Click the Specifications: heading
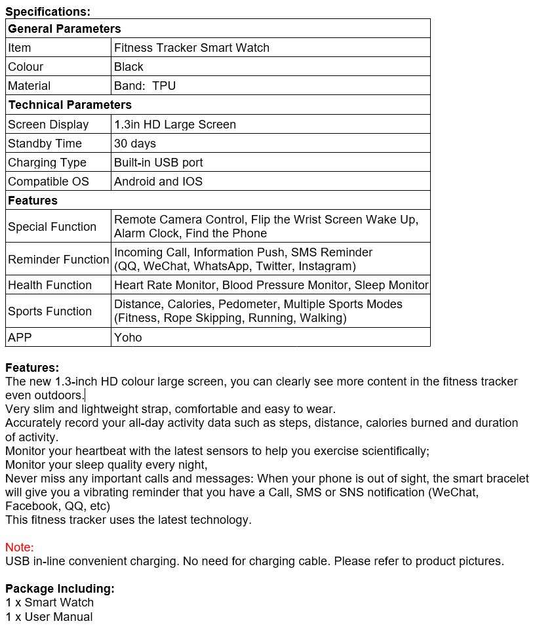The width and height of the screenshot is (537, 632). tap(48, 11)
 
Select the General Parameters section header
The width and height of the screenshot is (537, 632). tap(64, 29)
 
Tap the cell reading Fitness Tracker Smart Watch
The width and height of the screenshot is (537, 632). tap(191, 48)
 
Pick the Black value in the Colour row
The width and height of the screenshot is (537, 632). tap(129, 67)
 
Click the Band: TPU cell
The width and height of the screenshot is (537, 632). tap(145, 86)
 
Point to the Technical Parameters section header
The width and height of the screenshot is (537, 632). tap(70, 105)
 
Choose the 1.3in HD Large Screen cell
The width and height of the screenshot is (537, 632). tap(175, 125)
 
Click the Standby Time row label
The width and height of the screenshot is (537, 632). tap(45, 144)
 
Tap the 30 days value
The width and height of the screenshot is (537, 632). tap(135, 144)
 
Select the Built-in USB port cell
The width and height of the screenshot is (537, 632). tap(159, 163)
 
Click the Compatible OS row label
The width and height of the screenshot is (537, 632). tap(49, 182)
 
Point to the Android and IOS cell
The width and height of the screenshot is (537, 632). tap(158, 182)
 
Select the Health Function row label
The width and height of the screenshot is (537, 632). tap(50, 285)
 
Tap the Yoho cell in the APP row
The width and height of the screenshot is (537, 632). tap(128, 338)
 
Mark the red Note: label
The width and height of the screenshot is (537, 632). tap(20, 547)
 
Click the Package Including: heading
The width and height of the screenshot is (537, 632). tap(60, 589)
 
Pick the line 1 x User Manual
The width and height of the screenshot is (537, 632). tap(49, 617)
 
